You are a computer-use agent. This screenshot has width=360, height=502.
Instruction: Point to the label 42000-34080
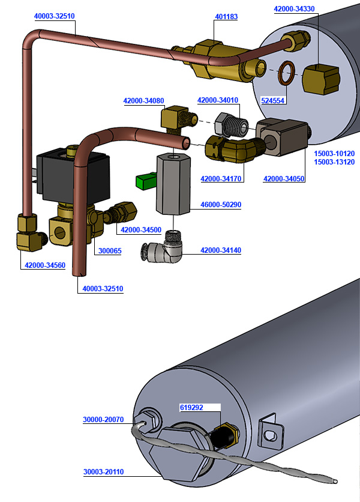(x=143, y=101)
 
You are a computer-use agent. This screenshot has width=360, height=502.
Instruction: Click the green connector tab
(x=146, y=180)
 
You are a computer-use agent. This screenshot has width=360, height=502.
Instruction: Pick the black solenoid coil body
(x=73, y=174)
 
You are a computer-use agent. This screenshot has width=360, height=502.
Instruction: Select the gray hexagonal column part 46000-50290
(x=173, y=183)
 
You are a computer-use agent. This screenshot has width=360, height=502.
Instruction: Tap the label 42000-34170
(x=220, y=178)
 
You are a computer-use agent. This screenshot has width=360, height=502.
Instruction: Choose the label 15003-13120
(x=334, y=162)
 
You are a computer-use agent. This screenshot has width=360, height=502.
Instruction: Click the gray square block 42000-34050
(x=281, y=138)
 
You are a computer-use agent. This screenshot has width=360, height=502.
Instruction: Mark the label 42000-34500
(x=141, y=230)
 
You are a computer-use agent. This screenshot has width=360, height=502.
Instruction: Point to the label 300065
(x=110, y=250)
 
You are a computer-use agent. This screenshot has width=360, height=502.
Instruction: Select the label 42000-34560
(x=45, y=265)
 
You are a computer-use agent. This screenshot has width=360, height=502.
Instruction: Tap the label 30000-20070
(x=103, y=420)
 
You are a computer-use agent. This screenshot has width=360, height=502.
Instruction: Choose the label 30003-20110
(x=103, y=472)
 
